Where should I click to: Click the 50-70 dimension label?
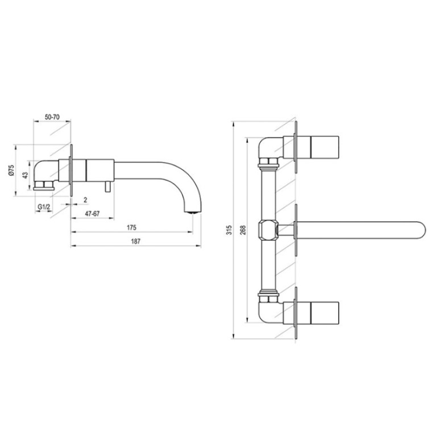click(52, 117)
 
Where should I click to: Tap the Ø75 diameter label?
click(11, 170)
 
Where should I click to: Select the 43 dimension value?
click(26, 175)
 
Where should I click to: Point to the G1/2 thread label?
click(44, 207)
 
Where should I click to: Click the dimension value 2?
click(85, 200)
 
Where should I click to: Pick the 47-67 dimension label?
click(92, 214)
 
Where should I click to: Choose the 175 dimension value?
click(131, 227)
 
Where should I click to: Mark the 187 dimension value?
click(136, 242)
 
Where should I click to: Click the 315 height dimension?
click(229, 230)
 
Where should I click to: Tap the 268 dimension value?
click(243, 230)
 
